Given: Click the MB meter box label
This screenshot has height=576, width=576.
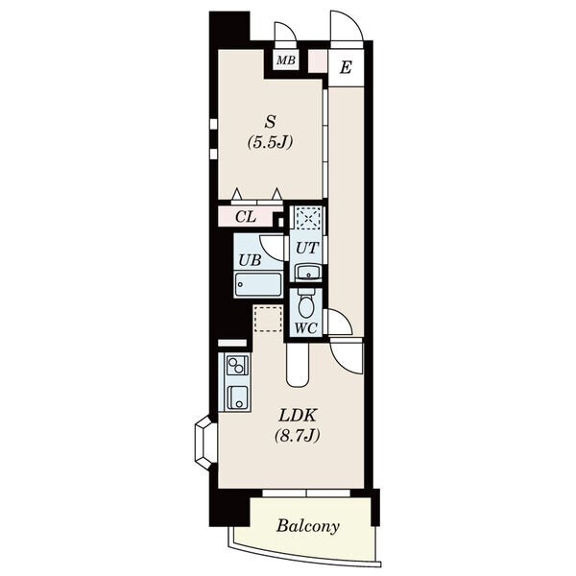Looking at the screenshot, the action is click(286, 60).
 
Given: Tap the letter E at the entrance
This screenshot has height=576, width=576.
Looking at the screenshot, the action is click(346, 67).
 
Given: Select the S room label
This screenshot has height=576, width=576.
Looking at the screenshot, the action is click(270, 122).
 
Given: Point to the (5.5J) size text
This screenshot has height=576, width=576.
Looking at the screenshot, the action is click(270, 142).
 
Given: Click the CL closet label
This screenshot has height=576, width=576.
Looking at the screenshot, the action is click(246, 217).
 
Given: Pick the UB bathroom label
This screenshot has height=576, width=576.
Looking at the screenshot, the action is click(250, 260).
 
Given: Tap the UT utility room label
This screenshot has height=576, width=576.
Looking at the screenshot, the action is click(306, 249).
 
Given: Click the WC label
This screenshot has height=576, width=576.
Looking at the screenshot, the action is click(306, 328).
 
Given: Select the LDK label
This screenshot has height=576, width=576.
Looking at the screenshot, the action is click(298, 416).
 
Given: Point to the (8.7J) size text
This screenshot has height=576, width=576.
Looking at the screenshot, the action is click(298, 436).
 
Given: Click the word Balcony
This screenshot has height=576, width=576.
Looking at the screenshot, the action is click(307, 526).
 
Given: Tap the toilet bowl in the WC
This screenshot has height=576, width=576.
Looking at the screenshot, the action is click(305, 303).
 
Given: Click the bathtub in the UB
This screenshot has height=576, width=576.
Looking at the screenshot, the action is click(258, 284).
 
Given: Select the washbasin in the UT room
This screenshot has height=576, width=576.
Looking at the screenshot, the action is click(308, 272).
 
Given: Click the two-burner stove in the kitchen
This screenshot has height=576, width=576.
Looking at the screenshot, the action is click(236, 366).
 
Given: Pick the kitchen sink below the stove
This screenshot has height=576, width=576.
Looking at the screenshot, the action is click(237, 397).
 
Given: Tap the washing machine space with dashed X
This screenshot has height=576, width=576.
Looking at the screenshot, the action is click(309, 218).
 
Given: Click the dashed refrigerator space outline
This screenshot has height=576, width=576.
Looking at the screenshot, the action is click(268, 320).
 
